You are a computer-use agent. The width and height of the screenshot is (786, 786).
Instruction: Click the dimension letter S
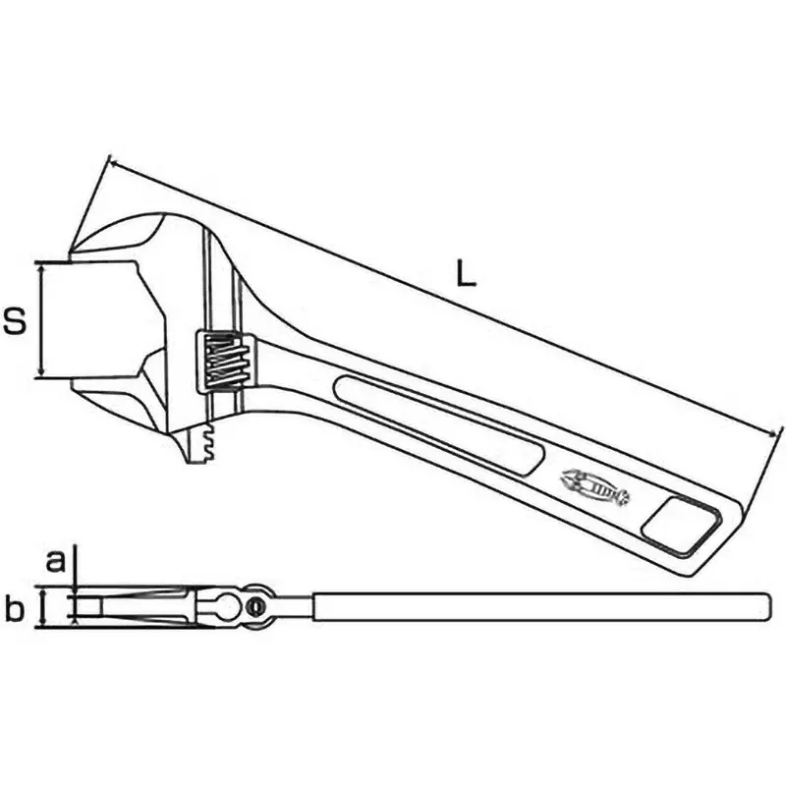click(14, 321)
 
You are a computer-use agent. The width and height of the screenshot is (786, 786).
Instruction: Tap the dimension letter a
click(57, 561)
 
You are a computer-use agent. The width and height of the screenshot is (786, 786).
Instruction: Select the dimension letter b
click(14, 610)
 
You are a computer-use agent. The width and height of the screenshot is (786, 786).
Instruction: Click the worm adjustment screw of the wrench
click(225, 361)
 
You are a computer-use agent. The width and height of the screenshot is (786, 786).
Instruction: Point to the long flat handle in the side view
click(540, 606)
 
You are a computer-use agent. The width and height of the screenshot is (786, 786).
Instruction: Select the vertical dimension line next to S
click(40, 319)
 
